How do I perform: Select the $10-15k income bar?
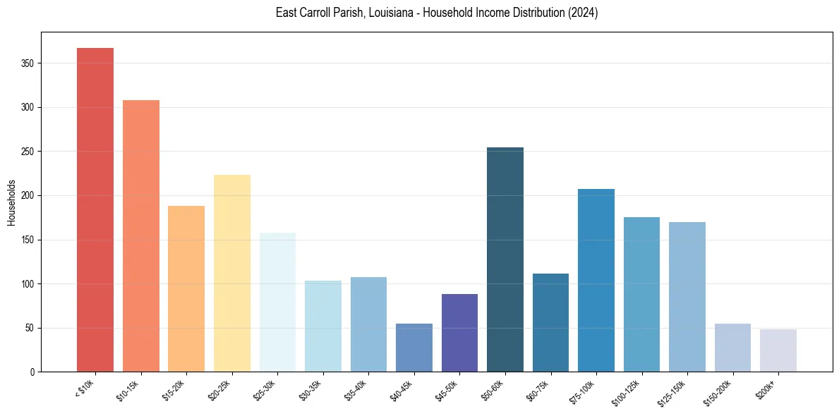pyautogui.click(x=140, y=235)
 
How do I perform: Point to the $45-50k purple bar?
pyautogui.click(x=459, y=333)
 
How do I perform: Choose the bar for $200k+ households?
pyautogui.click(x=778, y=350)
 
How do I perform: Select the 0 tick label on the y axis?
pyautogui.click(x=32, y=372)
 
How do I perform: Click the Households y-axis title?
pyautogui.click(x=11, y=202)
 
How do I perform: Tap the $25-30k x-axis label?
pyautogui.click(x=263, y=391)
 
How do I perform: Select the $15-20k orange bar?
pyautogui.click(x=186, y=288)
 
